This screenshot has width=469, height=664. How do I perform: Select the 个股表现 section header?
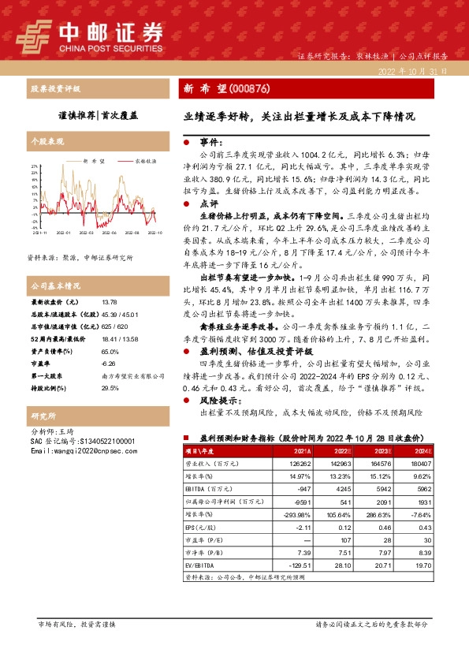[x=46, y=141]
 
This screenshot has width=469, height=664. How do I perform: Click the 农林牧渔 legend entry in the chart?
[x=144, y=160]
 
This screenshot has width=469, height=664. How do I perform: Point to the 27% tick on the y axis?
[x=35, y=167]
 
